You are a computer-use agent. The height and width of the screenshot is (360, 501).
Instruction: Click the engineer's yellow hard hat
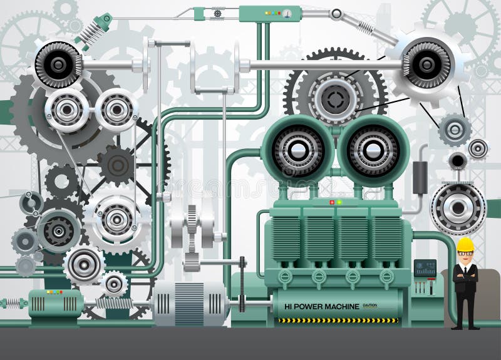[465, 244]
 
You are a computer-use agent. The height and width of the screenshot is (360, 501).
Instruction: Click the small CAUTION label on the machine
[370, 306]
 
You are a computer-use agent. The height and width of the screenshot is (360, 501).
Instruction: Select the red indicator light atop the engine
[332, 202]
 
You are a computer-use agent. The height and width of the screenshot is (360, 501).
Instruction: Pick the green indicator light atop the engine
[339, 202]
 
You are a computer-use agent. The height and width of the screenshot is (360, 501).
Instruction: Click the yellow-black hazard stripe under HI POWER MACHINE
[338, 320]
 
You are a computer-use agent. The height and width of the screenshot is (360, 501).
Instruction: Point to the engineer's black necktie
[465, 270]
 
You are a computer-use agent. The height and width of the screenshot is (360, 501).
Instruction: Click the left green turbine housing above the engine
[297, 151]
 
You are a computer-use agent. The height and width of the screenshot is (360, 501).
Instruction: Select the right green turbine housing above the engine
[374, 151]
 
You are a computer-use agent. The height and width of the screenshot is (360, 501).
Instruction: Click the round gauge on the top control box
[287, 13]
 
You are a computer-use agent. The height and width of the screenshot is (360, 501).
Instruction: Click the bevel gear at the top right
[427, 64]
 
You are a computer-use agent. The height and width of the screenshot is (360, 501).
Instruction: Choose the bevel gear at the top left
[58, 64]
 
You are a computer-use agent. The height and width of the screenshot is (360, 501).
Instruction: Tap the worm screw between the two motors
[114, 303]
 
